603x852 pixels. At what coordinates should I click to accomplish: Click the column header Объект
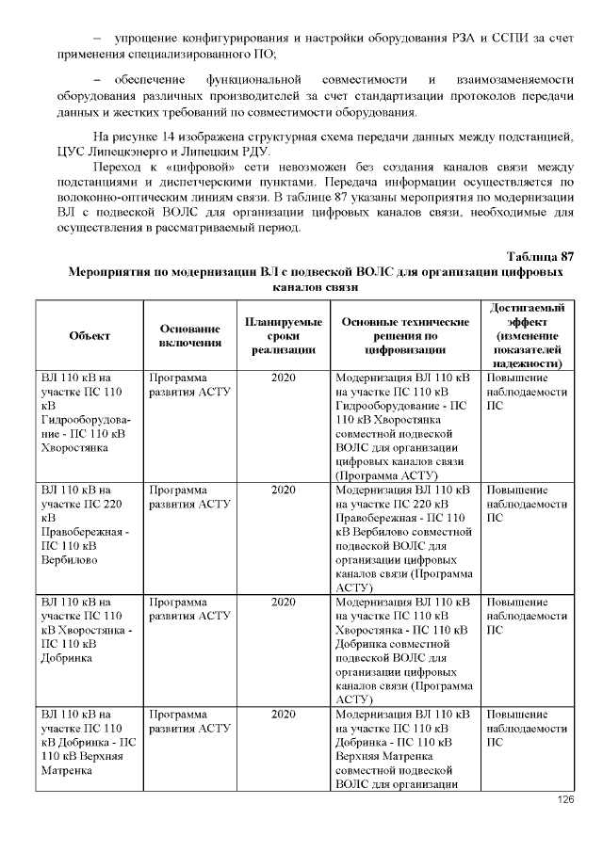point(90,335)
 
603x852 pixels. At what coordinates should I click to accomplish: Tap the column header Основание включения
point(190,335)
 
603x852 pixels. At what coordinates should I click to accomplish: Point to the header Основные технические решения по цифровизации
point(405,335)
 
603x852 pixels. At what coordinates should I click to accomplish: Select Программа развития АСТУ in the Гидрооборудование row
point(190,384)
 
